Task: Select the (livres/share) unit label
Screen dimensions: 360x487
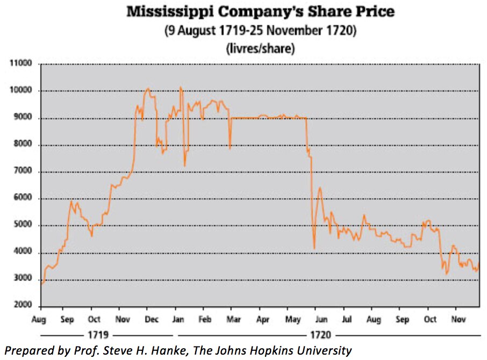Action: coord(260,48)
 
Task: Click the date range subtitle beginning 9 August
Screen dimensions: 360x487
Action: coord(260,31)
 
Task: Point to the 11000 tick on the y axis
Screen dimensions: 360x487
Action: coord(21,64)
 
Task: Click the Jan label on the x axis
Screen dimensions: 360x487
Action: coord(178,319)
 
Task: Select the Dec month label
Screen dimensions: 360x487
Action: coord(152,319)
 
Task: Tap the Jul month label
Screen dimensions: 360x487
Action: coord(347,319)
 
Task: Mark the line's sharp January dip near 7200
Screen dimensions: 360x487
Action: coord(185,165)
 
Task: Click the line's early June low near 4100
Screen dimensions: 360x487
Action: coord(314,248)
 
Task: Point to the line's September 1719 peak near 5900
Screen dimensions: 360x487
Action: coord(72,201)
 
